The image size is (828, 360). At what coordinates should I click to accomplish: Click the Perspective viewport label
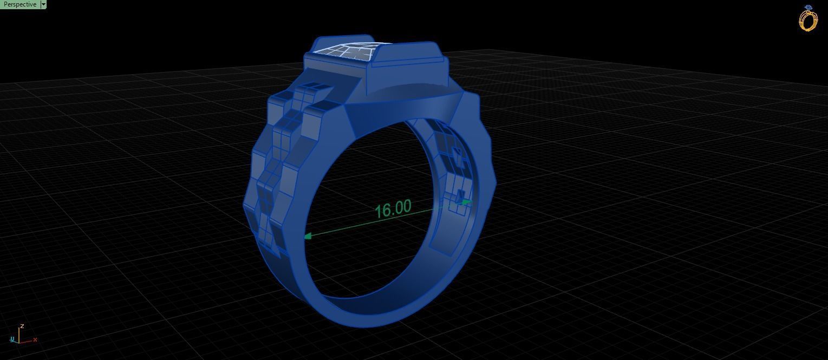[19, 4]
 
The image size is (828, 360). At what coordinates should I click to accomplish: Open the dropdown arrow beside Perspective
[43, 4]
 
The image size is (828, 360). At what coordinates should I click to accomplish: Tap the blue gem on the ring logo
[809, 8]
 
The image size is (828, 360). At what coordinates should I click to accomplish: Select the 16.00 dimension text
[393, 209]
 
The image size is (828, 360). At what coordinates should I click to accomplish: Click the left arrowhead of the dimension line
[308, 236]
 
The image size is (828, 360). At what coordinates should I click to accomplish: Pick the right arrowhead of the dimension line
[467, 203]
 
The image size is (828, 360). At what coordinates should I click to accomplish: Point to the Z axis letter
[22, 326]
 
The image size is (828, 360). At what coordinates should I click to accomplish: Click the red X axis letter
[35, 340]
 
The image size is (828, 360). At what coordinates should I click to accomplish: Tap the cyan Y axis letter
[12, 340]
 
